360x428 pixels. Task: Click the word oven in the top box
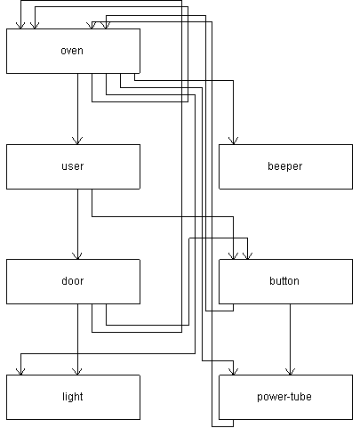pos(72,51)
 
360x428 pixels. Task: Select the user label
pos(73,166)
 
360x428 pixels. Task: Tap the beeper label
pos(285,166)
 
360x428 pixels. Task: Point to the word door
pos(73,281)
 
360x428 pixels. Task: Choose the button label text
pos(284,281)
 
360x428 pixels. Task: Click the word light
pos(73,397)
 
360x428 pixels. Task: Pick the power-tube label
pos(284,397)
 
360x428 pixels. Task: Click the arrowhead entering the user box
pos(77,141)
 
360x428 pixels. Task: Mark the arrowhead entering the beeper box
pos(233,141)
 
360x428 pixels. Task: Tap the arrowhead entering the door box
pos(77,255)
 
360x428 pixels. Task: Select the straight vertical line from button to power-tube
pos(290,339)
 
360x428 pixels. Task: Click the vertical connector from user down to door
pos(77,224)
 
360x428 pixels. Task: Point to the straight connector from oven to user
pos(77,109)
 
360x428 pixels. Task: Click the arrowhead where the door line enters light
pos(77,371)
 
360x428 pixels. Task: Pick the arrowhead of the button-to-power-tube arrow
pos(290,371)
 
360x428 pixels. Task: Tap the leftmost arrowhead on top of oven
pos(20,25)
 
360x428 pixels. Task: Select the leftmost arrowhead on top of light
pos(20,371)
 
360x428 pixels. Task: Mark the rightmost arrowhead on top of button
pos(247,255)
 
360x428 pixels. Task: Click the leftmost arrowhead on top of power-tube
pos(233,371)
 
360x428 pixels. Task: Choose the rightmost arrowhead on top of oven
pos(106,25)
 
